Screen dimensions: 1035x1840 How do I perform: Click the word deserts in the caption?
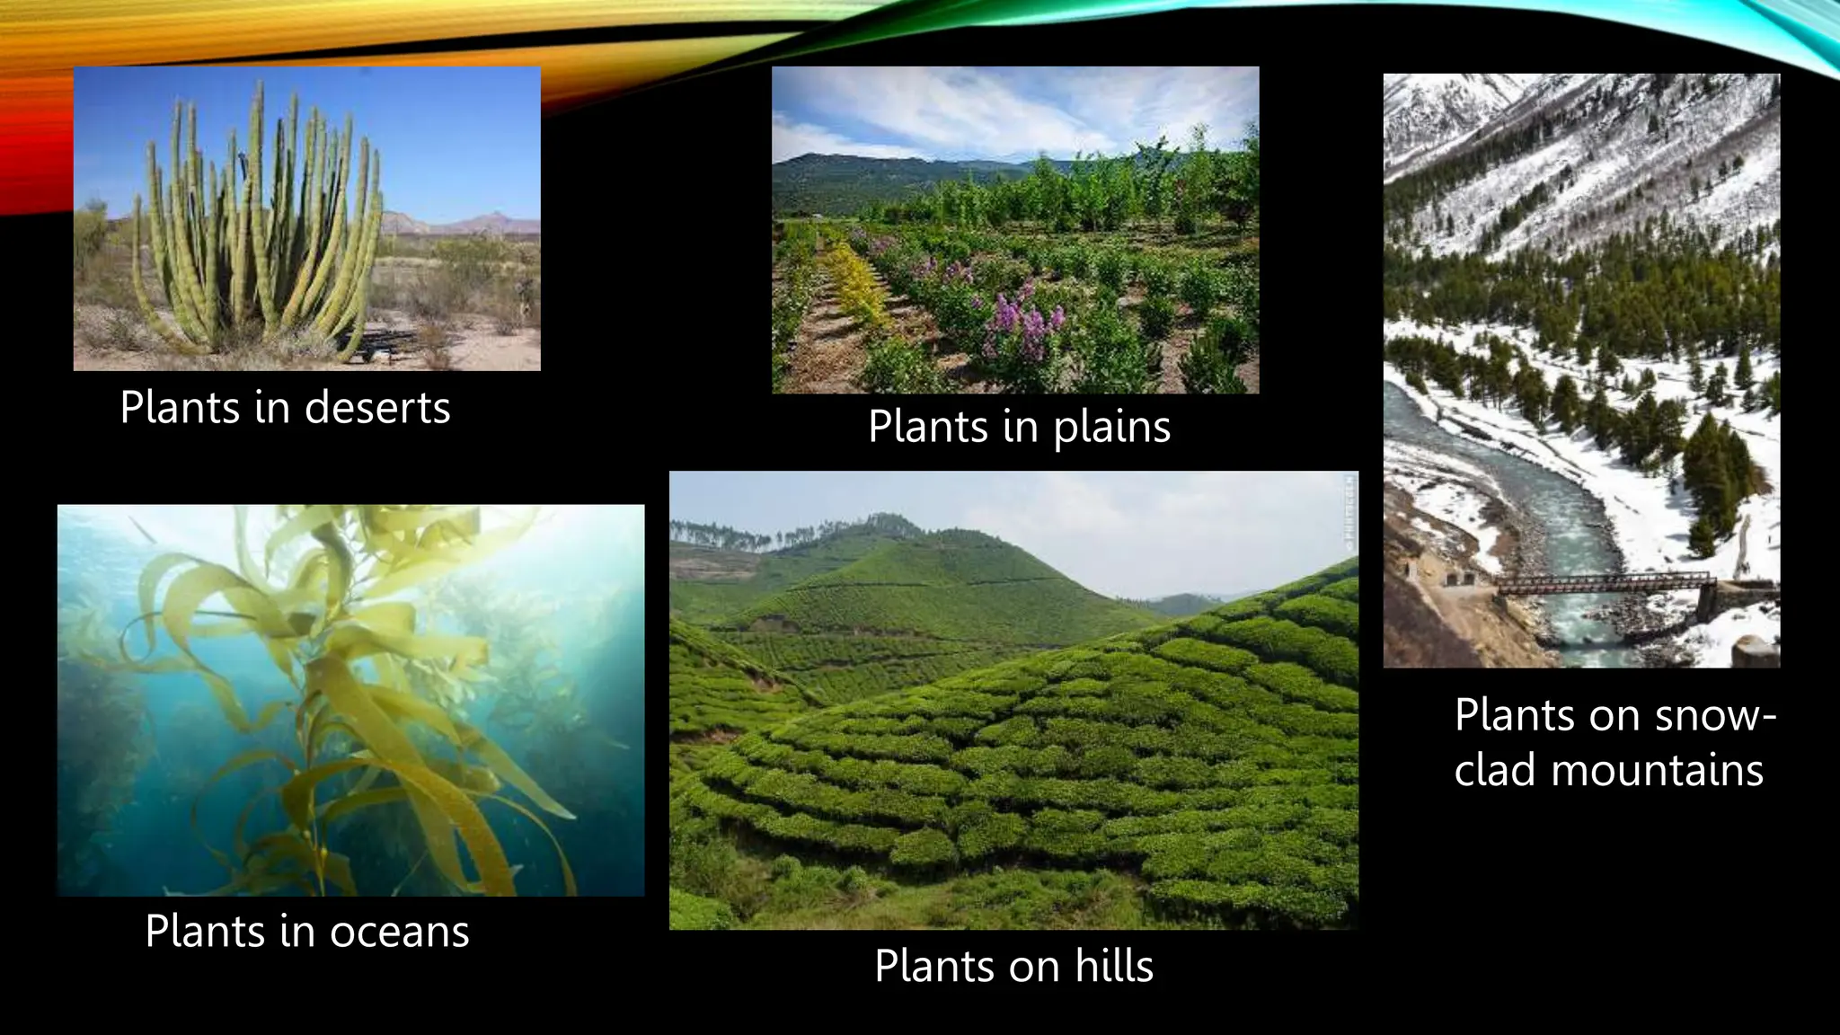click(377, 409)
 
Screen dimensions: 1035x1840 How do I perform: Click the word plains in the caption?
click(1111, 427)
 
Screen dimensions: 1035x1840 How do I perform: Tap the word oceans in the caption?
click(399, 933)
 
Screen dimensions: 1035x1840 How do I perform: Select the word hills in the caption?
click(1114, 967)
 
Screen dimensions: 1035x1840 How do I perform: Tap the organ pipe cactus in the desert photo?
click(261, 234)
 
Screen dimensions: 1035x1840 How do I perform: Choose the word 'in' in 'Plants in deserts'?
click(270, 409)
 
